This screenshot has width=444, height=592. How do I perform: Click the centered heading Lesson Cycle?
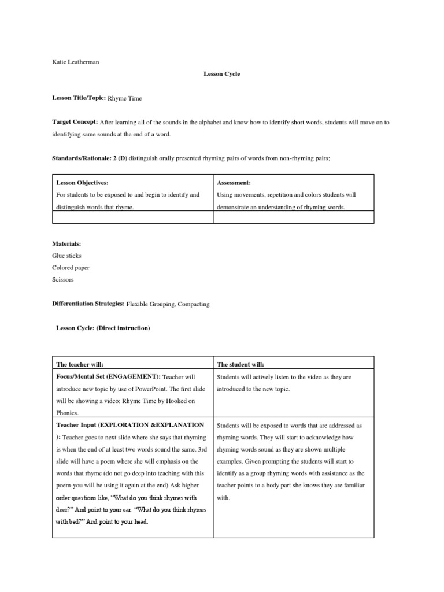[221, 74]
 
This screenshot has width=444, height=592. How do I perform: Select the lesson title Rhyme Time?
[125, 99]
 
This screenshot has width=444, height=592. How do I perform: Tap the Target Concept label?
[75, 122]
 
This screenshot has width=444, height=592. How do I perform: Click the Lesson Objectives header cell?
[82, 182]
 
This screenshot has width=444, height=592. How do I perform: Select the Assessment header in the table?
[234, 182]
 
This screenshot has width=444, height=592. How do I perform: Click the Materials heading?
[66, 243]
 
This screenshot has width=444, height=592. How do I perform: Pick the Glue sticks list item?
[66, 256]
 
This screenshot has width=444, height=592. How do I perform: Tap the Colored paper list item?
[71, 268]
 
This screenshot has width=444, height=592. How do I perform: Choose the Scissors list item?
[63, 280]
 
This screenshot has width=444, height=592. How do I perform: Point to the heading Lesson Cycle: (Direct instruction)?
[103, 328]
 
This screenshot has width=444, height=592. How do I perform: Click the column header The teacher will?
[80, 365]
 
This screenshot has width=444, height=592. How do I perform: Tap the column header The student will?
[240, 365]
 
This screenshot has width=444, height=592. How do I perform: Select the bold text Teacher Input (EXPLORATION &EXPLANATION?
[129, 425]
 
